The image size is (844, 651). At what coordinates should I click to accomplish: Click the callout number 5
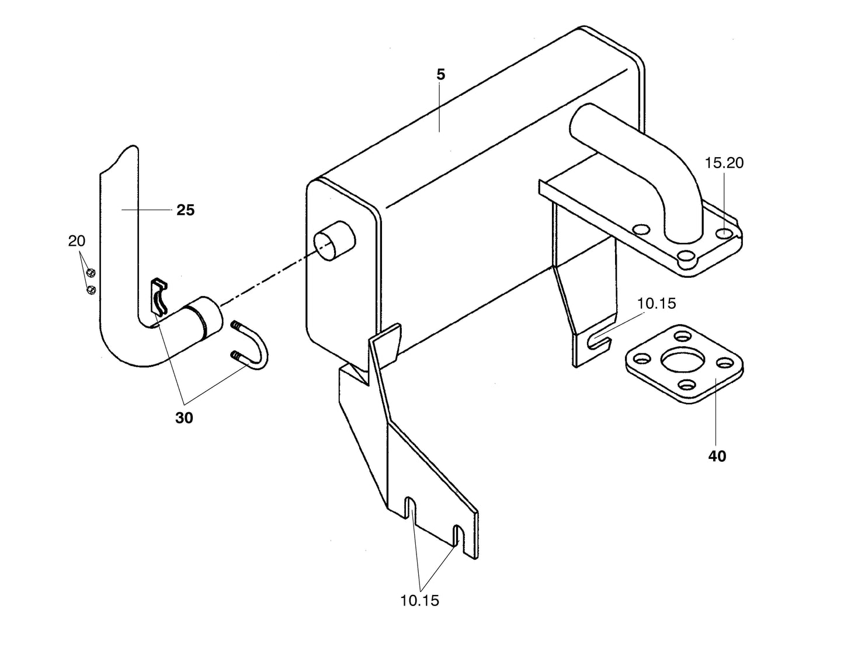click(440, 75)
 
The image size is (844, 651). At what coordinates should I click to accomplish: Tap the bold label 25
click(185, 210)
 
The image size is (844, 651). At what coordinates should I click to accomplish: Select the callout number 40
click(717, 456)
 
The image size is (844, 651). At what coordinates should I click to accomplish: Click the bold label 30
click(184, 418)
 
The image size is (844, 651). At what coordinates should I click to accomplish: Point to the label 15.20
click(724, 163)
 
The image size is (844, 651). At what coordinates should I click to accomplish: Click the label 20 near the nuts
click(77, 241)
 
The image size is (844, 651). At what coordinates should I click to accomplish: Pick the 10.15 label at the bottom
click(419, 600)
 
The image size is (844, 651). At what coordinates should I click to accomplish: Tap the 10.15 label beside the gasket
click(657, 304)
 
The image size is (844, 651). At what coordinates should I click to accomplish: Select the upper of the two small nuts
click(91, 272)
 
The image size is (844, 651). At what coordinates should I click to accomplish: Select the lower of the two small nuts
click(91, 290)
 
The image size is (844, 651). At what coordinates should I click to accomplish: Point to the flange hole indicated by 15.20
click(724, 234)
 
